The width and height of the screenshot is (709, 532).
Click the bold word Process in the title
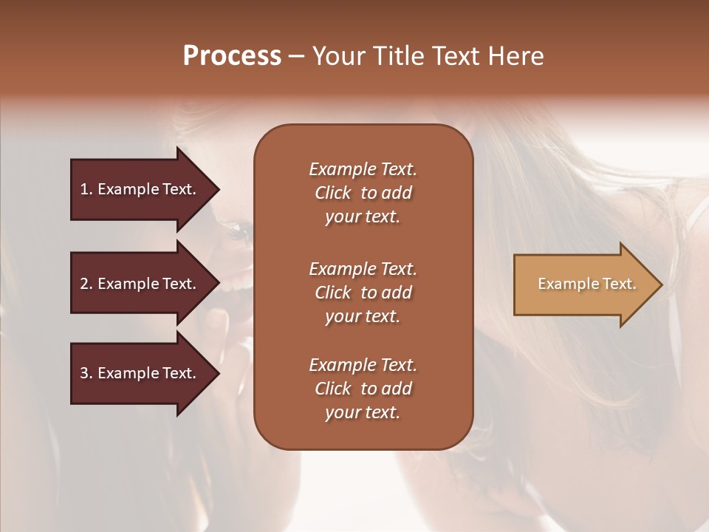tap(232, 56)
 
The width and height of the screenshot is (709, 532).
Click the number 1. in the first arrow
tap(86, 189)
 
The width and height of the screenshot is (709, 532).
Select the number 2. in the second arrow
tap(86, 284)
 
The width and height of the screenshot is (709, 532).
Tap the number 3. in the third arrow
tap(86, 373)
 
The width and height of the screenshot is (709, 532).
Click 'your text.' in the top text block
tap(362, 217)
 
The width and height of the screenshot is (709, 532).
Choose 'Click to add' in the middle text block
tap(363, 293)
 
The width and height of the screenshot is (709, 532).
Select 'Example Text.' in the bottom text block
tap(363, 365)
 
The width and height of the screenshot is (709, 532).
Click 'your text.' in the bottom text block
tap(362, 413)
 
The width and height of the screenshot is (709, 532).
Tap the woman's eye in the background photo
tap(238, 233)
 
